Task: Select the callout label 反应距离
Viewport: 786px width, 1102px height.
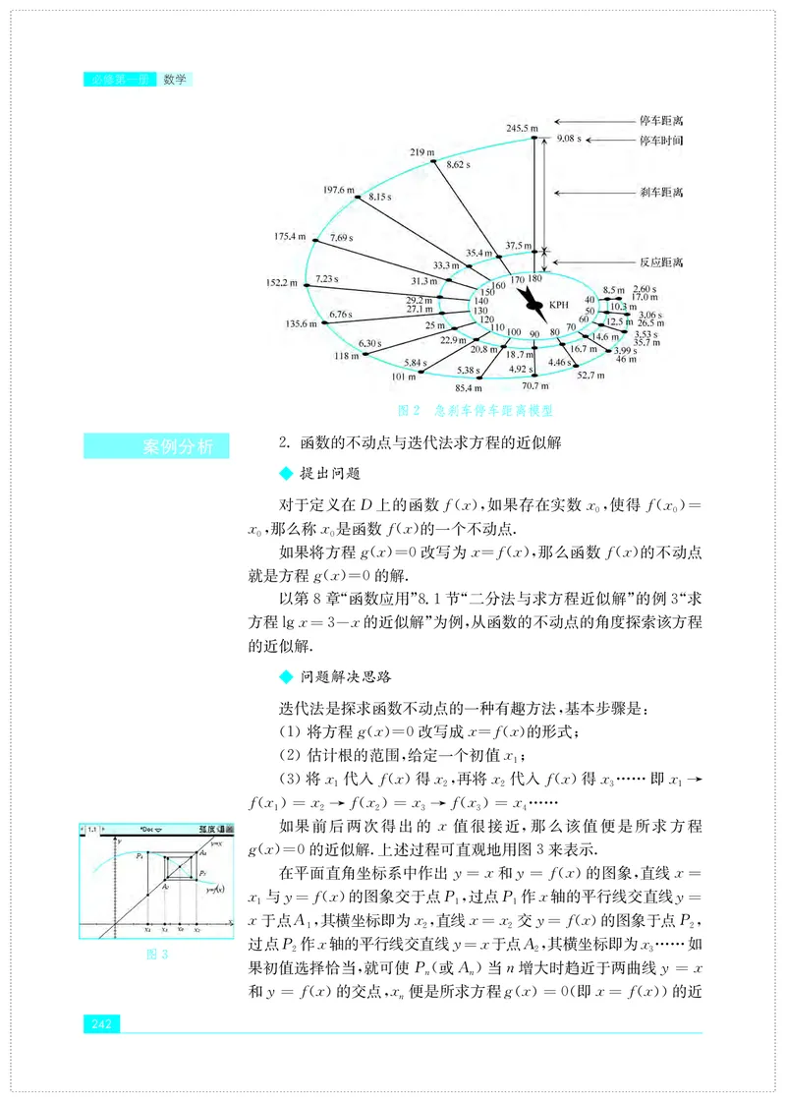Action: point(661,262)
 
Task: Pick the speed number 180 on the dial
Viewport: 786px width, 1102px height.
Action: point(534,280)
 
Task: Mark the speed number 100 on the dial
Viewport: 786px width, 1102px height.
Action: point(513,333)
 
